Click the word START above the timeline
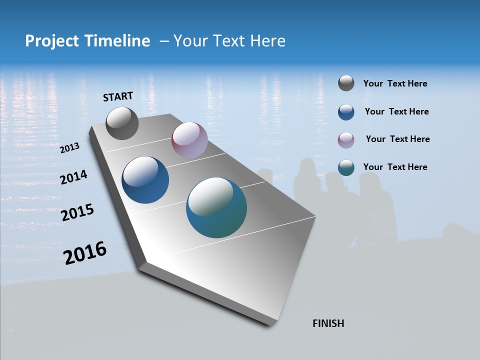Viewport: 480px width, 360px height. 118,96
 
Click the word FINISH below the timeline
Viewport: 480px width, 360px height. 328,323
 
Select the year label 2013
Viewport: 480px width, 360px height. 70,148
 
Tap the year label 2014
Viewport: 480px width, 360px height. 74,177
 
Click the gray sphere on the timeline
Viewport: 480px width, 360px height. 122,123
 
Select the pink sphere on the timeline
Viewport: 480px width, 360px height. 189,140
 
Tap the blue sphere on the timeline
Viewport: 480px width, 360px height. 145,180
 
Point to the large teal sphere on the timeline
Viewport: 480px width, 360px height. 216,207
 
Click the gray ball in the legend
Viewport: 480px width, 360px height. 346,83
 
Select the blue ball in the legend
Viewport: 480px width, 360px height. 346,112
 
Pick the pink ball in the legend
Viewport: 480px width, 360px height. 346,140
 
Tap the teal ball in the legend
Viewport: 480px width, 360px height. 346,167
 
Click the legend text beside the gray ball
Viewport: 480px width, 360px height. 395,84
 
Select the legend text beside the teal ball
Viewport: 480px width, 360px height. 395,167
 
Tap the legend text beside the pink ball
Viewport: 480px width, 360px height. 397,139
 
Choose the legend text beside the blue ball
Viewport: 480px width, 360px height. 396,111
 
